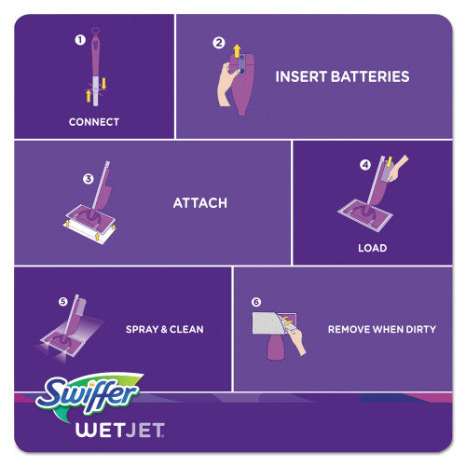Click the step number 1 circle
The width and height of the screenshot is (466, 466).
coord(79,40)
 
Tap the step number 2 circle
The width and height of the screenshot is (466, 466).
coord(219,42)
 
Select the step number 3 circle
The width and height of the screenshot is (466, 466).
coord(88,178)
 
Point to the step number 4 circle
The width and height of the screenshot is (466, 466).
coord(365,166)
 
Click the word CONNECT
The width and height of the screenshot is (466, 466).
coord(93,122)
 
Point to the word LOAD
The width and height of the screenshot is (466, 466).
coord(373,249)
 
